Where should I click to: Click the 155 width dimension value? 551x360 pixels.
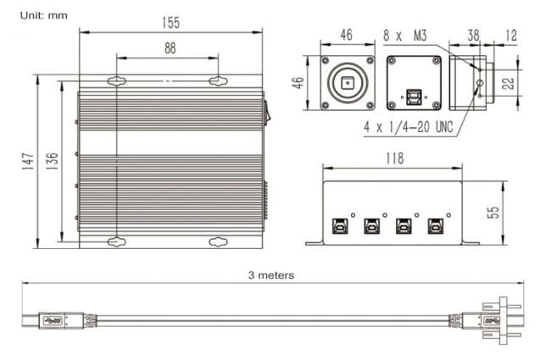(x=170, y=23)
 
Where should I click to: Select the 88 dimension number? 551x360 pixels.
(x=170, y=48)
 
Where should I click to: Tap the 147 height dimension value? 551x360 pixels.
(x=28, y=162)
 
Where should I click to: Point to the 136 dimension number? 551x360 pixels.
(x=52, y=161)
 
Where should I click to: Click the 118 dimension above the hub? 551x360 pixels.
(x=395, y=158)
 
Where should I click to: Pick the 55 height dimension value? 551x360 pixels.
(x=493, y=213)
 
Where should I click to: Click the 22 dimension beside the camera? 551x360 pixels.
(x=508, y=83)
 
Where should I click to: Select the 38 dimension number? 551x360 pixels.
(x=473, y=36)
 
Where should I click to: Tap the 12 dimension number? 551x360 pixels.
(x=511, y=36)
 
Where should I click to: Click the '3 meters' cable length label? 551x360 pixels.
(x=271, y=275)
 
